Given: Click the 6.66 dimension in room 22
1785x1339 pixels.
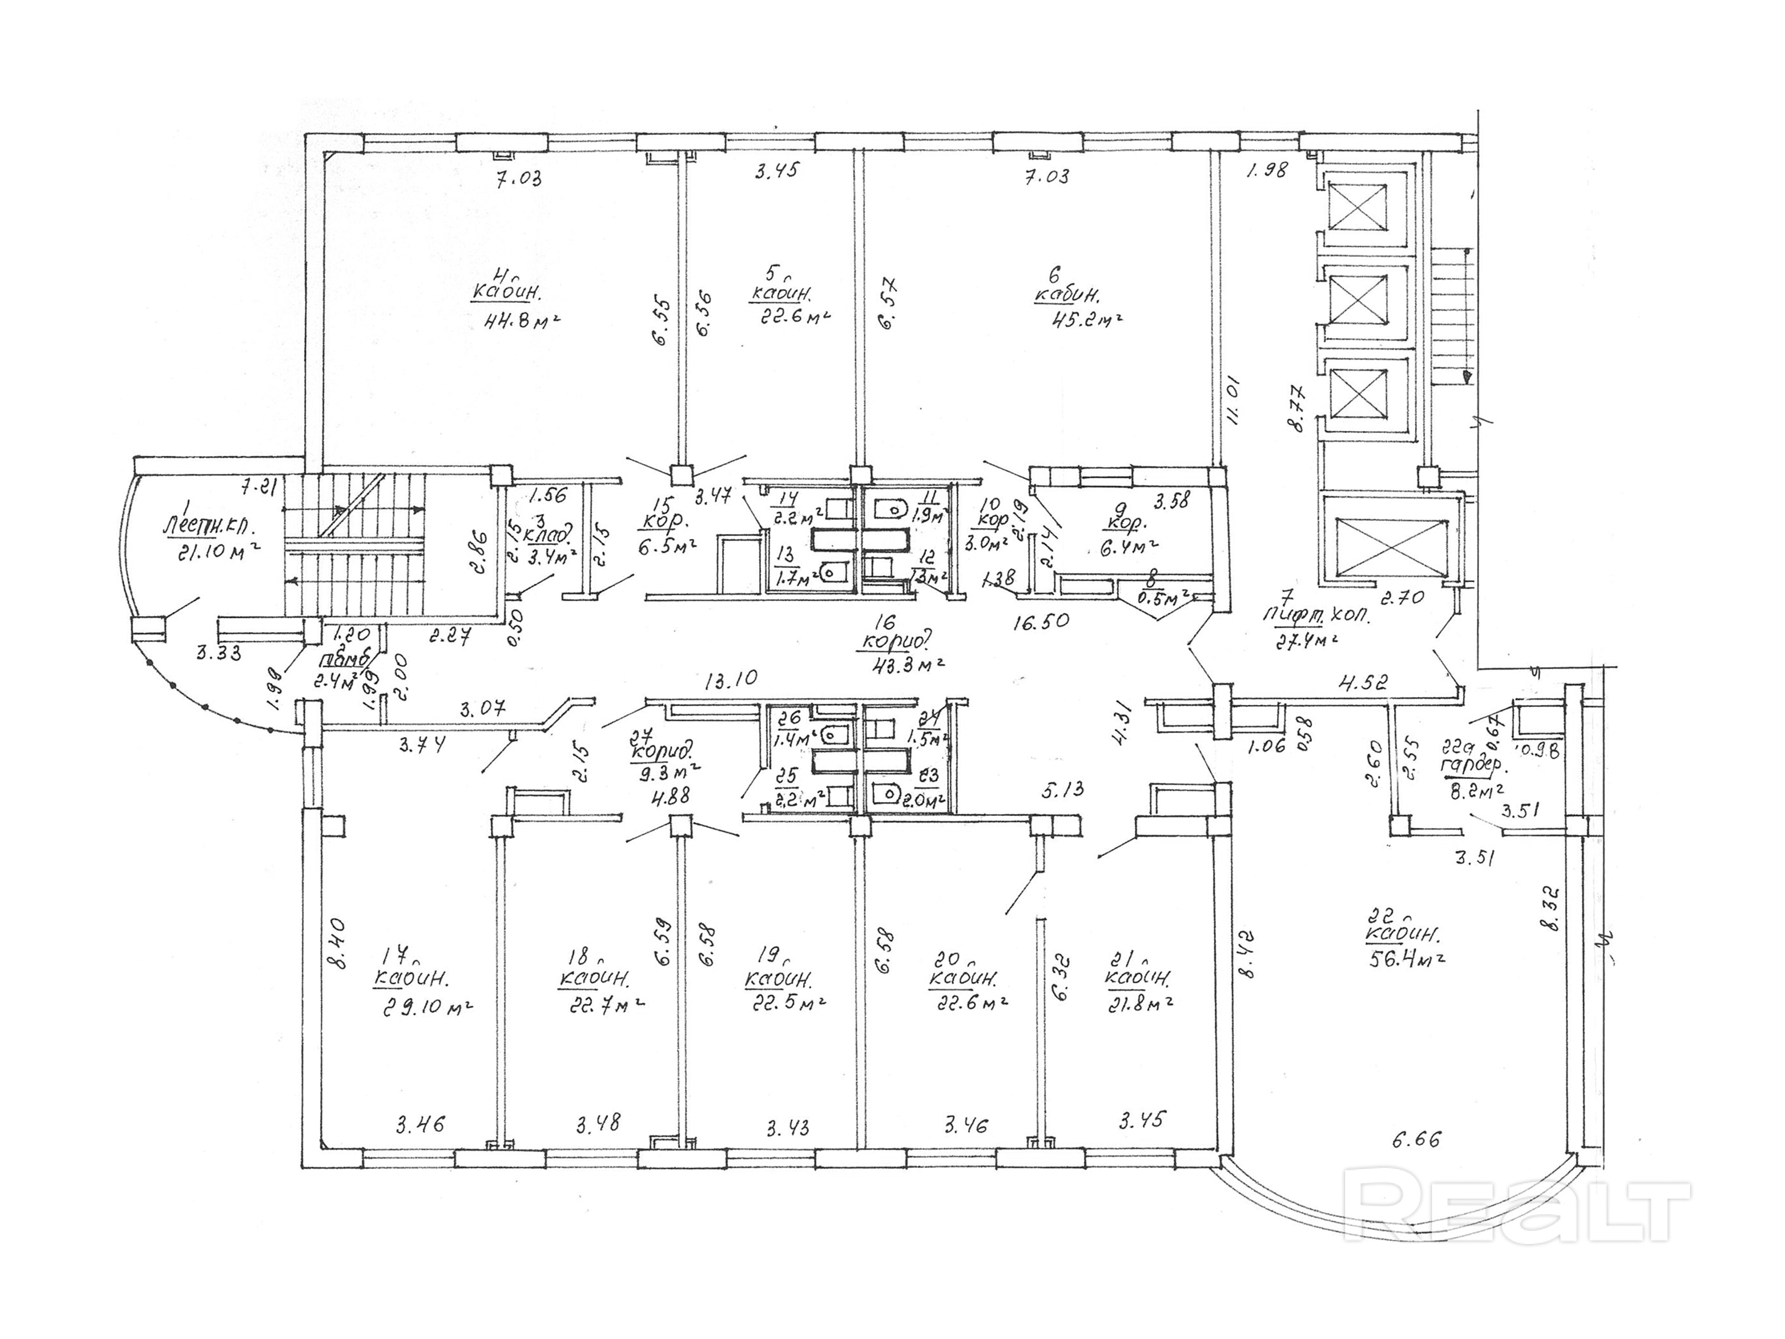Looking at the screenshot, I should pyautogui.click(x=1416, y=1140).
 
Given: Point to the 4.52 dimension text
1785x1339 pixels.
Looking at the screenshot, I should pyautogui.click(x=1363, y=683).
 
